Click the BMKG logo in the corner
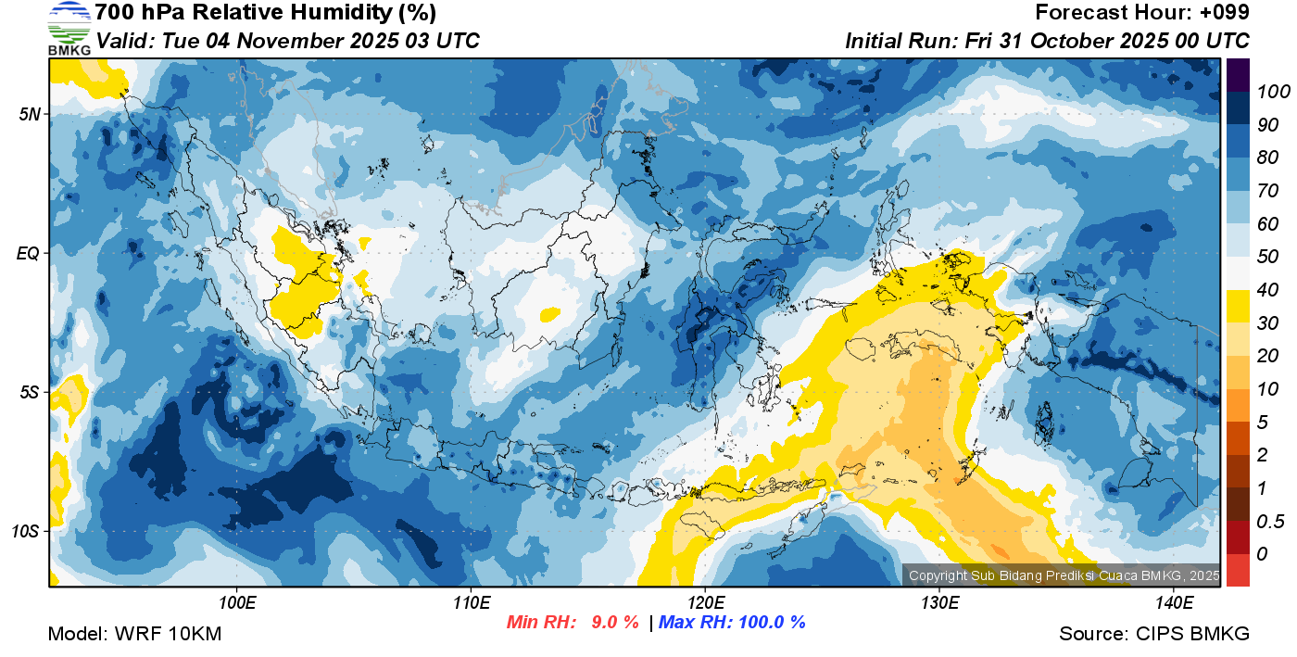click(69, 28)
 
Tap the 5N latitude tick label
click(30, 114)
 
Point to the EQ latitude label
click(29, 253)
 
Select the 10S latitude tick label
click(26, 531)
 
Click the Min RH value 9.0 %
click(615, 622)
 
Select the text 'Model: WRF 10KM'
click(133, 634)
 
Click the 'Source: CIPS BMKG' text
click(1154, 634)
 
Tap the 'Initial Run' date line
click(1047, 41)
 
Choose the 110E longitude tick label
click(471, 603)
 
